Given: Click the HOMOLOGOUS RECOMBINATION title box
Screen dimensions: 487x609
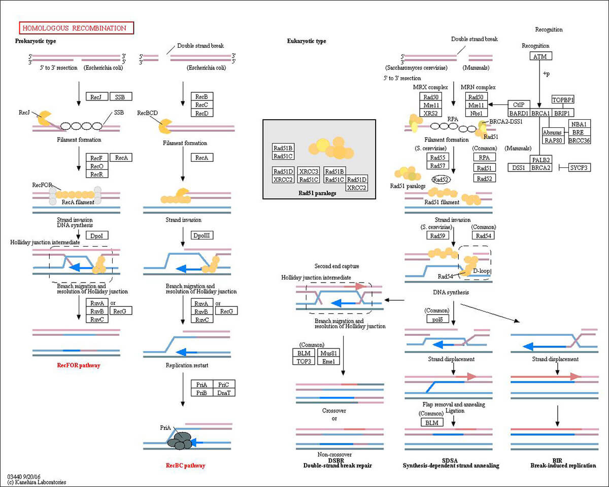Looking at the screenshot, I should coord(76,28).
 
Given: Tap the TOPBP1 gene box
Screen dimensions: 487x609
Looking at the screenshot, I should coord(566,100).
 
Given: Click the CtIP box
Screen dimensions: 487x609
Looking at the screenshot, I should coord(519,105).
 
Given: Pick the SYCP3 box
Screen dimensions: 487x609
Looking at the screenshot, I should coord(580,167).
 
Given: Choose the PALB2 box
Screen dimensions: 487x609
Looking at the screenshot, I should coord(541,160).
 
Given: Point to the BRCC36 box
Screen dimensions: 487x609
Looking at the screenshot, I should coord(580,141).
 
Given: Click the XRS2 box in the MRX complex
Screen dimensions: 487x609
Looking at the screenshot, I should coord(431,113).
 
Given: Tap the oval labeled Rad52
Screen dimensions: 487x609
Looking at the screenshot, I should coord(442,179).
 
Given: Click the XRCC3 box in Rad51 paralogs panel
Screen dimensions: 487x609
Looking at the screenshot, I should coord(309,171).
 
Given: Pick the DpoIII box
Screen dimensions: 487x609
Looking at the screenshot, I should coord(201,235).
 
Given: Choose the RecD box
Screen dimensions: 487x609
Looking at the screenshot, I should coord(201,113).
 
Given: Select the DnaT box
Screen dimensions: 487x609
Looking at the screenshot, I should coord(224,392).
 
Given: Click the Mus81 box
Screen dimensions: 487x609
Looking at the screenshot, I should coord(327,353).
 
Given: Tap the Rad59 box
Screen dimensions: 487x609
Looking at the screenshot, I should coord(437,235).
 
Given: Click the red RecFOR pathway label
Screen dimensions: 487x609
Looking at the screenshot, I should coord(79,365).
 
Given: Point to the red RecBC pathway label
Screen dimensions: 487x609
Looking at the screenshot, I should coord(186,465).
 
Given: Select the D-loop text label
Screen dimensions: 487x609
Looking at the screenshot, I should coord(481,271).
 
